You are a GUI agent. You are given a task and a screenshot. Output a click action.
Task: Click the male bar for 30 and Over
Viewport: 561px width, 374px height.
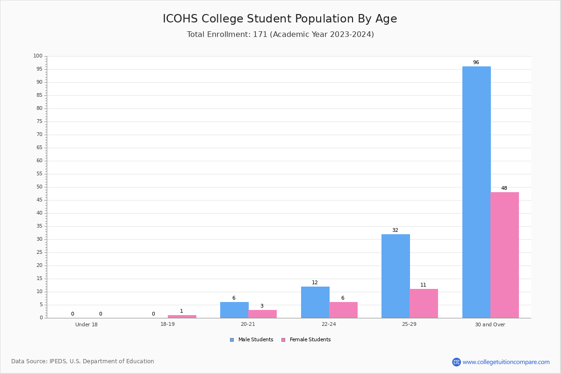[x=476, y=192]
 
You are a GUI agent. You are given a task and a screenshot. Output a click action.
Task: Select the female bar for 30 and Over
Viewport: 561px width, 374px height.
[x=504, y=255]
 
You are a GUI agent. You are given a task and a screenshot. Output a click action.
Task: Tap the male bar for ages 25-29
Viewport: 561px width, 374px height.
[x=396, y=276]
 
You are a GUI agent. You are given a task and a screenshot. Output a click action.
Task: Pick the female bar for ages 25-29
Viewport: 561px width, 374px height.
[x=424, y=303]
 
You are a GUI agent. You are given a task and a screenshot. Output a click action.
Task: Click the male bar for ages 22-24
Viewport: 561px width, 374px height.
[x=315, y=302]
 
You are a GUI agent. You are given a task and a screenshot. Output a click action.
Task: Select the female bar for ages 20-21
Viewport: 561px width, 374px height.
[x=262, y=314]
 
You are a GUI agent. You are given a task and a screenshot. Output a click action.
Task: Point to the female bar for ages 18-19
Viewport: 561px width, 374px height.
[x=182, y=316]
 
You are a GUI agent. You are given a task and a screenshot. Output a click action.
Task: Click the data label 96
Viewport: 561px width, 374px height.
[x=476, y=62]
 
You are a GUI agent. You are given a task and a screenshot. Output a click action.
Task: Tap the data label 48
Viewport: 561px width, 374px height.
[x=504, y=188]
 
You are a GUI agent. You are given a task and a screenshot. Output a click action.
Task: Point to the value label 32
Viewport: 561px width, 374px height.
[x=395, y=230]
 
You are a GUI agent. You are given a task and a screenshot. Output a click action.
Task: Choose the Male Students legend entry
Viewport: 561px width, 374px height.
[x=252, y=340]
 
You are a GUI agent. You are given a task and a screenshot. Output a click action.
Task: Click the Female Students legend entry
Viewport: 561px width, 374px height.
[x=306, y=340]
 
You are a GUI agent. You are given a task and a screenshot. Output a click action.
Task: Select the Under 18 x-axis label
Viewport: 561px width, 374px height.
[x=86, y=324]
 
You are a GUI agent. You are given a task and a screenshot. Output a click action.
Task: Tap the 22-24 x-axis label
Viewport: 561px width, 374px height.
[x=329, y=324]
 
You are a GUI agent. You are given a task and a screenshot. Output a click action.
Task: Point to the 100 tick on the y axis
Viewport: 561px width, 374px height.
[x=38, y=56]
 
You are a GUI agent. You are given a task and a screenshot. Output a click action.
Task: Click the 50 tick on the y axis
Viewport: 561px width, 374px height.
[x=40, y=187]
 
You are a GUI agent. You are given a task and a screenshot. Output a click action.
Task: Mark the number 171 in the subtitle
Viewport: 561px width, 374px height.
[x=260, y=34]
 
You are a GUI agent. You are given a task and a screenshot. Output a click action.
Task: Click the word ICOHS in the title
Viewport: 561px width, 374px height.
[x=180, y=19]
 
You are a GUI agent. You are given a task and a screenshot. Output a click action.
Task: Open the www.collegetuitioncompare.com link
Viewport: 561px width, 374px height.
[x=506, y=362]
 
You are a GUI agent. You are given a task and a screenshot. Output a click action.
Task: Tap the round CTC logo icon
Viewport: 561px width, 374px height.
[x=456, y=362]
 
